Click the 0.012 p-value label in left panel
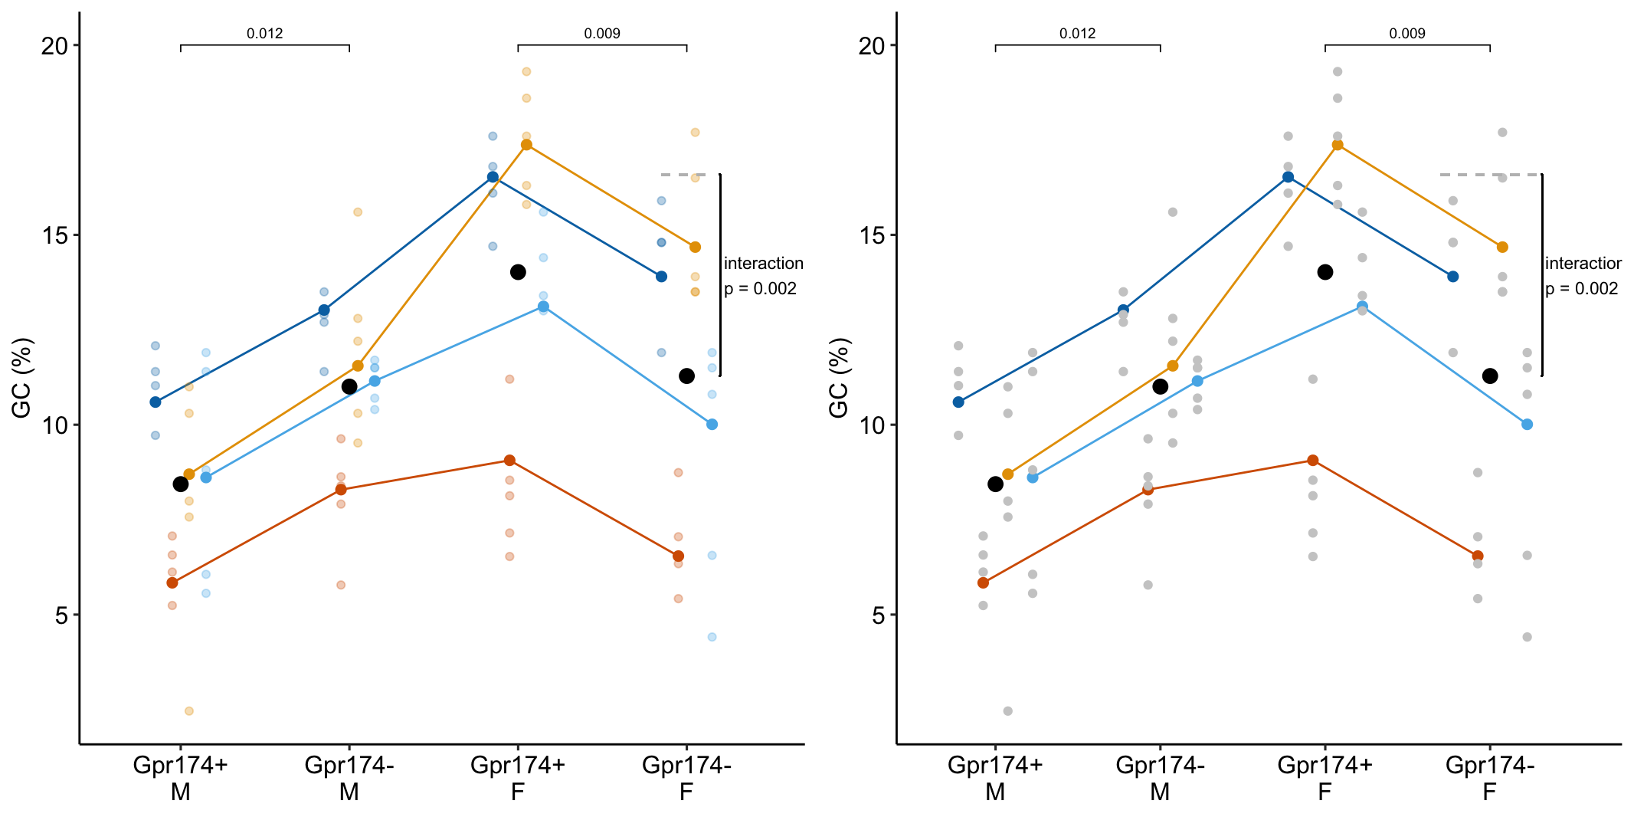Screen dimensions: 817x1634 point(264,34)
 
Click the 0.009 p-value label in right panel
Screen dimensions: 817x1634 point(1406,34)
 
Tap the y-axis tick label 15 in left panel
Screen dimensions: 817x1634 point(54,235)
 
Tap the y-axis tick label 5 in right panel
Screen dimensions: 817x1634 point(879,615)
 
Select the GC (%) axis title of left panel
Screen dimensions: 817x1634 point(21,378)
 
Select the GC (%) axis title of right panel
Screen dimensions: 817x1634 point(839,378)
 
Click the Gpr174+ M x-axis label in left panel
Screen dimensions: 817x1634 point(180,778)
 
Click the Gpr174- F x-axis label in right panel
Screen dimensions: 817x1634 point(1489,778)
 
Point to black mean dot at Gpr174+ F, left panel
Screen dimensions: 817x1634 point(518,272)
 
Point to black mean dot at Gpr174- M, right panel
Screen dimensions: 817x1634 point(1160,386)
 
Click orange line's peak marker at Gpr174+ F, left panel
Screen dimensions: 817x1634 point(526,145)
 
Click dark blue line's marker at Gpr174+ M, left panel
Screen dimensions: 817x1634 point(156,402)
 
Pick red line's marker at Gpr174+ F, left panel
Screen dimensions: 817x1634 point(509,460)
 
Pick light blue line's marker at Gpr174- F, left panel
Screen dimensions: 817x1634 point(712,424)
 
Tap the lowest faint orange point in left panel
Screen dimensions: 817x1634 point(188,711)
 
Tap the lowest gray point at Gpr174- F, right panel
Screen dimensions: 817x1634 point(1527,637)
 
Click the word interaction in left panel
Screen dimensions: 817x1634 point(763,264)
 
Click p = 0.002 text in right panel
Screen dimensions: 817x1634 point(1581,289)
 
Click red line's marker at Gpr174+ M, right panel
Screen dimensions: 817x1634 point(983,582)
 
